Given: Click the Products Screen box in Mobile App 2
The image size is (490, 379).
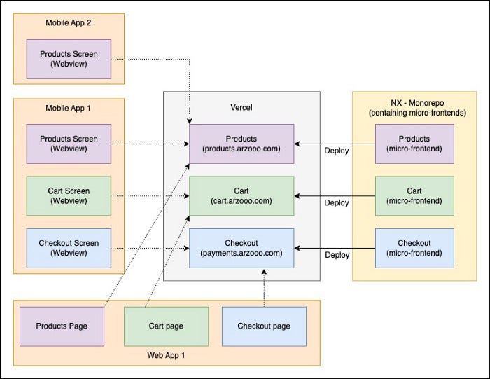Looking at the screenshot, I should (x=69, y=59).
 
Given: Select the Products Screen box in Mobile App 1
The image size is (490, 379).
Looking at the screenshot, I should (x=69, y=144).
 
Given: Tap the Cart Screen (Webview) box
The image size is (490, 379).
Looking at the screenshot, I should (x=69, y=195).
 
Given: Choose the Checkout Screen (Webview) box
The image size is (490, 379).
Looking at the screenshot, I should (x=69, y=248).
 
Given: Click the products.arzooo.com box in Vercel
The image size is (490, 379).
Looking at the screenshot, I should (x=241, y=144).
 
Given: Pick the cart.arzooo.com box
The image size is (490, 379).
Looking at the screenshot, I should (x=241, y=195).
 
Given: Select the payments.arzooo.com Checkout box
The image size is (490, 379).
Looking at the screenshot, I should (x=241, y=248).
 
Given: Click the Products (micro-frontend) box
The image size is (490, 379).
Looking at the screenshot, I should (x=414, y=144).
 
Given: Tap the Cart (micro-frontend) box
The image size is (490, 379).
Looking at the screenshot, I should (x=414, y=195).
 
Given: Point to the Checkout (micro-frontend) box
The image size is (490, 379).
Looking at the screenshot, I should (x=414, y=248).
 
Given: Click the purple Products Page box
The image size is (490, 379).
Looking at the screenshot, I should (x=61, y=326).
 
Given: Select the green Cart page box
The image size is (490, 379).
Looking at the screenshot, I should (x=166, y=326).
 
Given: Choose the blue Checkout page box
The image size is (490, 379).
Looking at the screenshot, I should (x=264, y=326).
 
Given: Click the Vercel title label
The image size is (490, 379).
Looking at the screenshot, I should (x=241, y=107).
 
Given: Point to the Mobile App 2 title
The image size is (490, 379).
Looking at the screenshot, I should (x=69, y=22).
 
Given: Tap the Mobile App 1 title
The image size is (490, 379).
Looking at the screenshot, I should (x=69, y=109).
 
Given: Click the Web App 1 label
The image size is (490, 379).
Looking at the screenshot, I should (x=166, y=355).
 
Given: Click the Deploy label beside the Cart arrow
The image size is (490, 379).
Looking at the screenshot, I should (x=337, y=203).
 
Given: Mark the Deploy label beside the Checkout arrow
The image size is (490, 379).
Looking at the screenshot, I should (x=337, y=256).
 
